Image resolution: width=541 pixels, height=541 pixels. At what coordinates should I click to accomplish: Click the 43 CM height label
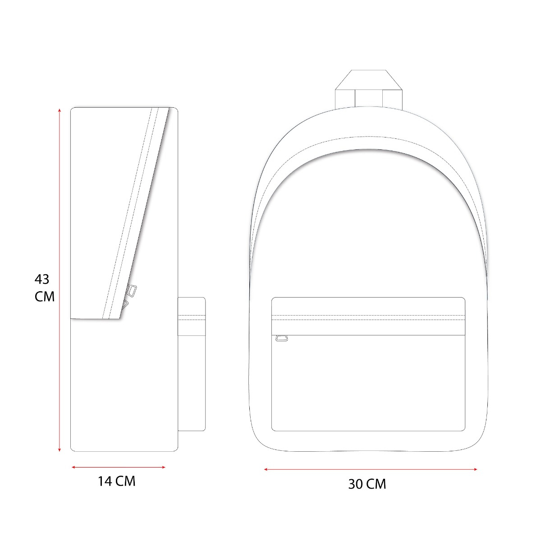44,288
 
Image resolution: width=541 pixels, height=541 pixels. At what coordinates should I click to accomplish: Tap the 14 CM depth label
116,481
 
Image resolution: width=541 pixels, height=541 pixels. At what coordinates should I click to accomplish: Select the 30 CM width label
367,484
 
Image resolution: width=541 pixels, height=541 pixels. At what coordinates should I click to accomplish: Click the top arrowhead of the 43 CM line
59,110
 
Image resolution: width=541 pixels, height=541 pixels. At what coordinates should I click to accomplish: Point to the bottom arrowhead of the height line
59,449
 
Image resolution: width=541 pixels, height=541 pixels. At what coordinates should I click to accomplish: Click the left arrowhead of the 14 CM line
74,467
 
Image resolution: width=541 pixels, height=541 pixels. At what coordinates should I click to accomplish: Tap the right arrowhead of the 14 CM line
163,467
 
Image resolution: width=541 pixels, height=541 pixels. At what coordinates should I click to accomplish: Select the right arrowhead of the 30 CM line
474,469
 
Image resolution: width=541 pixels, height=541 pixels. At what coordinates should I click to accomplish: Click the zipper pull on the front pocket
282,338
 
